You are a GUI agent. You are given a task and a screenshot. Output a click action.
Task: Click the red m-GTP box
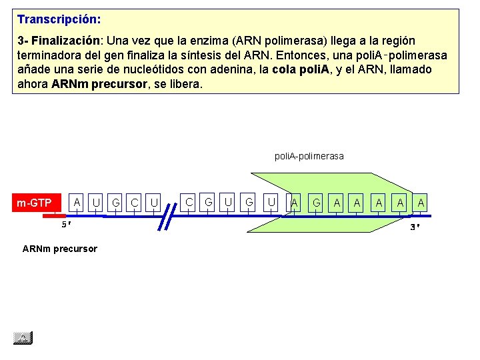pyautogui.click(x=35, y=203)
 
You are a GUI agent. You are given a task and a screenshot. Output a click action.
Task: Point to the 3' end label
pyautogui.click(x=414, y=227)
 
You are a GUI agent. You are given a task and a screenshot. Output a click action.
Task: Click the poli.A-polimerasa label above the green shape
pyautogui.click(x=309, y=156)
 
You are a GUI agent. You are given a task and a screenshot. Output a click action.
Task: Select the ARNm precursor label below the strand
pyautogui.click(x=59, y=249)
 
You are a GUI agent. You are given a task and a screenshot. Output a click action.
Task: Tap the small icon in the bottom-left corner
pyautogui.click(x=23, y=338)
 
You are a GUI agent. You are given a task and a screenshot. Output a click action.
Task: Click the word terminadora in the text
pyautogui.click(x=45, y=55)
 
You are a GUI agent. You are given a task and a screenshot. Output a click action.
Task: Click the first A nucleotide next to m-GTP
pyautogui.click(x=77, y=202)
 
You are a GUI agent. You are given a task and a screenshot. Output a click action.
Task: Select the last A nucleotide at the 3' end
pyautogui.click(x=421, y=202)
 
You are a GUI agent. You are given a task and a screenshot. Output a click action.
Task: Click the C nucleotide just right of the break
pyautogui.click(x=189, y=202)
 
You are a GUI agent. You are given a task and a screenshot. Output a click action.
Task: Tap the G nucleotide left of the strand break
pyautogui.click(x=116, y=202)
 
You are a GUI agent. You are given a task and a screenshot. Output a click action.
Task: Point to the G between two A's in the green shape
pyautogui.click(x=317, y=202)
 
